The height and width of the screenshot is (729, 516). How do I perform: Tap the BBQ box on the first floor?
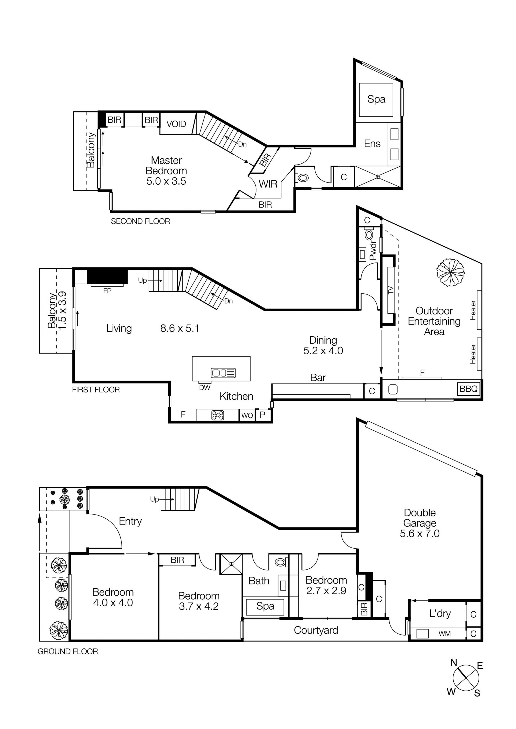coord(468,389)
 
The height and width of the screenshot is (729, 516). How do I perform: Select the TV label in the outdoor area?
coord(391,290)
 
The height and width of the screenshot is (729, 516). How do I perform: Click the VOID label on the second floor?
coord(176,124)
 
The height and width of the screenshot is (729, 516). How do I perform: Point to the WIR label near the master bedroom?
coord(268,184)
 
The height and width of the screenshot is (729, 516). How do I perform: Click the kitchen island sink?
coord(223,373)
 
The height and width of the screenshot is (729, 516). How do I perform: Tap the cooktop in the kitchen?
coord(218,415)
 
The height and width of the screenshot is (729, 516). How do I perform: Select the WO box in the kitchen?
coord(247,415)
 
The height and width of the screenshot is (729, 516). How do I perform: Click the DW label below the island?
coord(205,387)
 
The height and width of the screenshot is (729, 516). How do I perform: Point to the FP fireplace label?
coord(107,291)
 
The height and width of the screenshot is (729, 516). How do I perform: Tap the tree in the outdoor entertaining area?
coord(450,272)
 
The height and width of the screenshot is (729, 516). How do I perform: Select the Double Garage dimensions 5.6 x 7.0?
coord(420,533)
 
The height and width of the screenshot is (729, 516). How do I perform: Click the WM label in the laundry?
coord(445,633)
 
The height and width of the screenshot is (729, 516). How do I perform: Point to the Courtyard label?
coord(316,630)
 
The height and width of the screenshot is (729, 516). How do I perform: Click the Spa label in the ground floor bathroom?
coord(265,606)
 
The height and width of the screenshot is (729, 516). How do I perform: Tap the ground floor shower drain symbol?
coord(231,564)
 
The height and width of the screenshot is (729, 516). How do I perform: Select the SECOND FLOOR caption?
coord(140,221)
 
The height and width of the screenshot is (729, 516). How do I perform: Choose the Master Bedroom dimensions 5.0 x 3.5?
coord(166,181)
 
